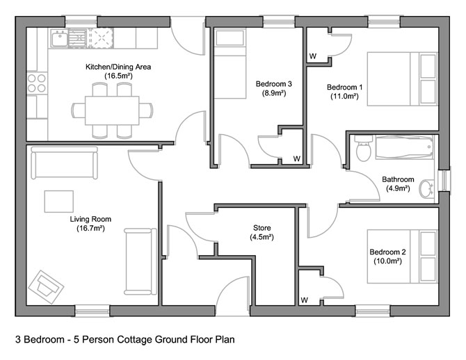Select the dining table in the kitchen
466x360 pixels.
tap(111, 110)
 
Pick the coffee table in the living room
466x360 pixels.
tap(58, 201)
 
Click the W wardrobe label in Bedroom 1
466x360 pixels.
tap(312, 56)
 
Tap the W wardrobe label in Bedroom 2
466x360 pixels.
tap(304, 300)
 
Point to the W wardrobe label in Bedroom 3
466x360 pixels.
tap(296, 158)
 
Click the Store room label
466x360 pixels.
tap(262, 228)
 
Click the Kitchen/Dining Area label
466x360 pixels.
tap(118, 67)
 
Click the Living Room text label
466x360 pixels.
tap(90, 219)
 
